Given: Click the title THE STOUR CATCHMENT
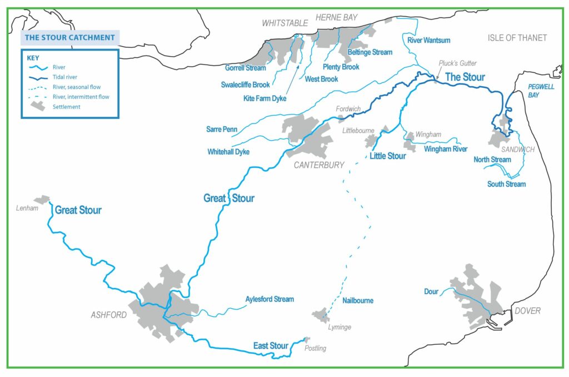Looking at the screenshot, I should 70,38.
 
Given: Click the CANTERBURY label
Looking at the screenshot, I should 319,165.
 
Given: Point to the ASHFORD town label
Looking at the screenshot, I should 109,315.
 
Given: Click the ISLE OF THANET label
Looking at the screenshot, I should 517,38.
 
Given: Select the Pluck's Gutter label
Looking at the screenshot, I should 458,63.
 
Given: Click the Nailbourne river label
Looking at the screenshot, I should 358,300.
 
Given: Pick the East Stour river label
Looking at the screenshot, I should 271,346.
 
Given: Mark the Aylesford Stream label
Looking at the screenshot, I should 269,299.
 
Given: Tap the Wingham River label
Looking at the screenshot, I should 445,149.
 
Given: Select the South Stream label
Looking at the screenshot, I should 506,184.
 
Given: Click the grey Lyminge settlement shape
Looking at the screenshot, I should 321,315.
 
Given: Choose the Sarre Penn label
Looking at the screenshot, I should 222,130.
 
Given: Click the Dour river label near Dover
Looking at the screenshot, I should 431,291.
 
